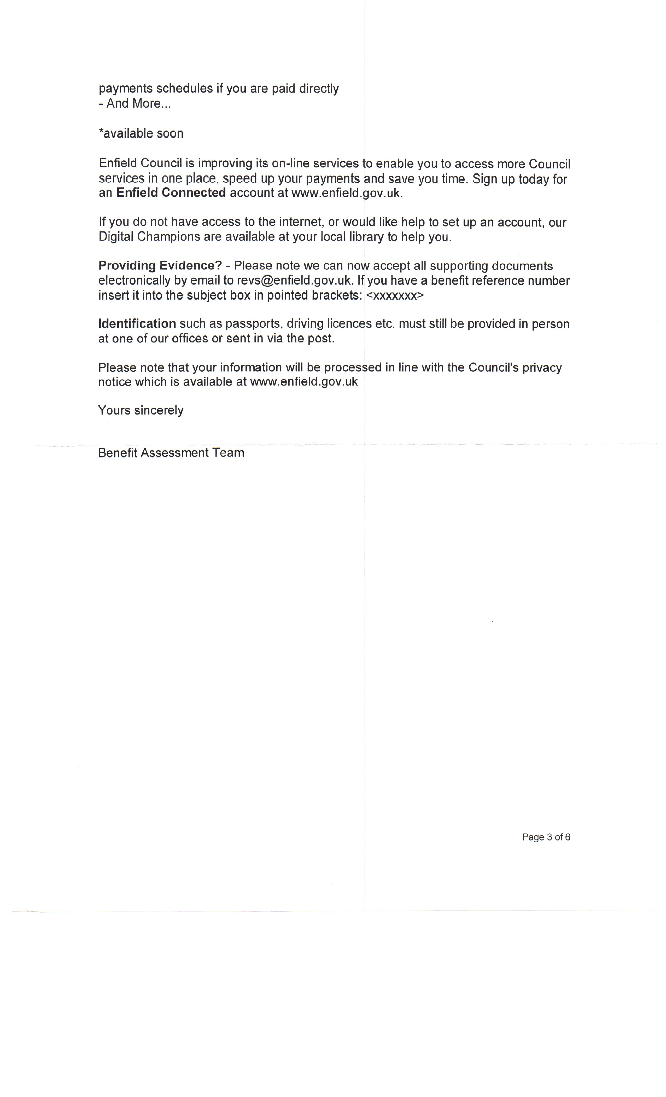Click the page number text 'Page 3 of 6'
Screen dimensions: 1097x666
546,837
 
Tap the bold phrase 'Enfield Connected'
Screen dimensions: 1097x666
171,193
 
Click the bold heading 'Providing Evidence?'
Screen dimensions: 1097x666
160,266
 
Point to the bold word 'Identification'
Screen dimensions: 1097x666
137,324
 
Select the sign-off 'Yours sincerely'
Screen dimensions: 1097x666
141,410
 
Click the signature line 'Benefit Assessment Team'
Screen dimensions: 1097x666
171,453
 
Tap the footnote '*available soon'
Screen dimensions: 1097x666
141,133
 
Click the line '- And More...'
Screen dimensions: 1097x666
135,103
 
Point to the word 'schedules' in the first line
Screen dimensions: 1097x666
184,89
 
